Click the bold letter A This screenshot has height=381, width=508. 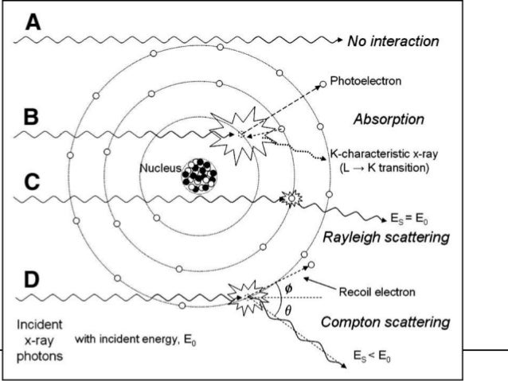point(32,23)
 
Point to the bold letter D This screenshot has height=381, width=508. point(31,280)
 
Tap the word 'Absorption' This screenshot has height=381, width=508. point(388,119)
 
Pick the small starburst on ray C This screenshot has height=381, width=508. point(291,197)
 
